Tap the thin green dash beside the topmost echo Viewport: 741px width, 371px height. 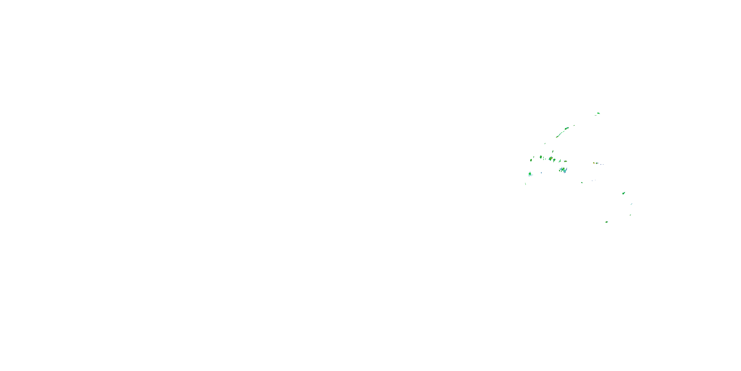coord(595,115)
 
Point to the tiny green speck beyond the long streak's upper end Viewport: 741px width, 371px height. coord(574,125)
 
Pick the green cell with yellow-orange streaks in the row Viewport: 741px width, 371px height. coord(551,159)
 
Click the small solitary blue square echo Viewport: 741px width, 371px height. coord(541,173)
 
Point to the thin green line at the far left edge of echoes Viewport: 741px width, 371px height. coord(526,184)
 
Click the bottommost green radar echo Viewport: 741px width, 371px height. coord(606,222)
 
